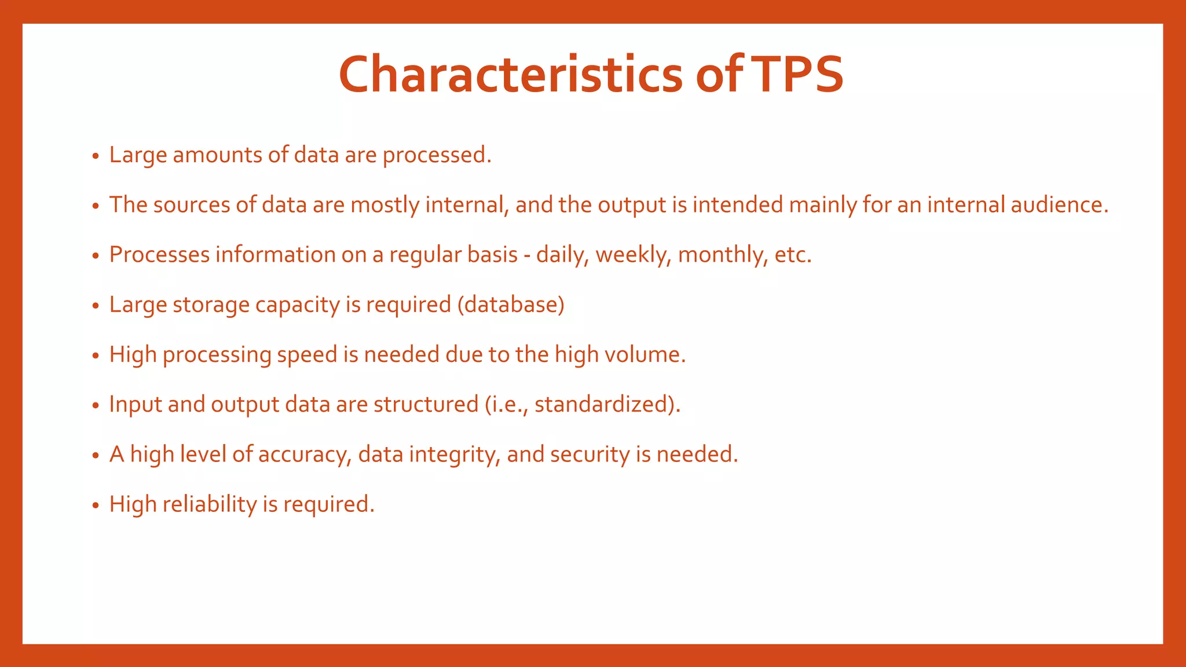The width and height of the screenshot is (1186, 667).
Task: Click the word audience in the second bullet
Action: coord(1059,205)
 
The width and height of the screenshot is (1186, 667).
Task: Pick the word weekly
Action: coord(633,255)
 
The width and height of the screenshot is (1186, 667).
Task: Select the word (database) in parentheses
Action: coord(511,305)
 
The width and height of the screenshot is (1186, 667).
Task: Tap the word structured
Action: coord(426,404)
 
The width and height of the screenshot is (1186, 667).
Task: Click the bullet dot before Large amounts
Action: coord(96,156)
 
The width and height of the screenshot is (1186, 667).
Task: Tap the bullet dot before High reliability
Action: coord(96,505)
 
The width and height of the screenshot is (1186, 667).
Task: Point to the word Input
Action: coord(136,405)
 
